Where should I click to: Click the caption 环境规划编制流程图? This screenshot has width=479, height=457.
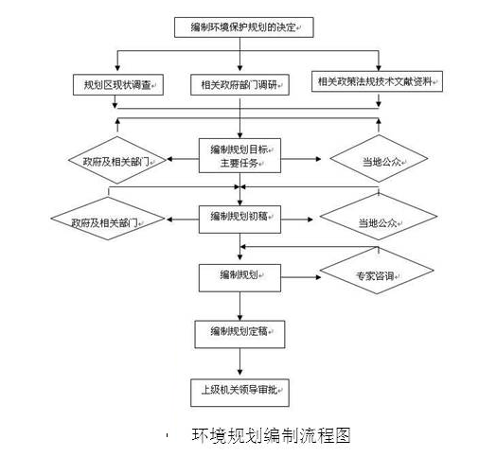272,436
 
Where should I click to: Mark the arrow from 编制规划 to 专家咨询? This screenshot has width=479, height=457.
301,277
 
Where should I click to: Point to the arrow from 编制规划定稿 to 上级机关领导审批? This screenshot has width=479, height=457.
239,361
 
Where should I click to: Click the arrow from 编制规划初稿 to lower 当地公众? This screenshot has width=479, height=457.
297,220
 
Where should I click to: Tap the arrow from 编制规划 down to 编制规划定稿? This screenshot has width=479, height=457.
239,307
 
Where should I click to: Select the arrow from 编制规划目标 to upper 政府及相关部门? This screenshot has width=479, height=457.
183,159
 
